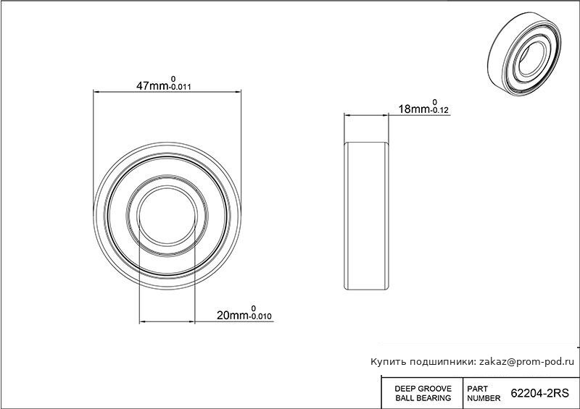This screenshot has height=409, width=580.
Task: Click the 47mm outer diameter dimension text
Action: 152,86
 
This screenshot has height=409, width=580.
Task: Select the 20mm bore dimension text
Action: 233,315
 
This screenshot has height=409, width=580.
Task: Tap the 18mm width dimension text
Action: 414,109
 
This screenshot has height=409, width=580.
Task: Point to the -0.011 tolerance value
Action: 180,88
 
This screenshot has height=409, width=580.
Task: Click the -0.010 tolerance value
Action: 261,316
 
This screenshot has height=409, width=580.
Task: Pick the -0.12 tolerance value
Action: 439,110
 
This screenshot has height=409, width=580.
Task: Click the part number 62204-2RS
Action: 539,394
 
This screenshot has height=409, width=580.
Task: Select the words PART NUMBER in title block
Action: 484,394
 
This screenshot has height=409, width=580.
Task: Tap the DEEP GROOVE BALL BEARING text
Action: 423,394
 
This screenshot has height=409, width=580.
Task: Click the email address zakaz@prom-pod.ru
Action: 527,362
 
